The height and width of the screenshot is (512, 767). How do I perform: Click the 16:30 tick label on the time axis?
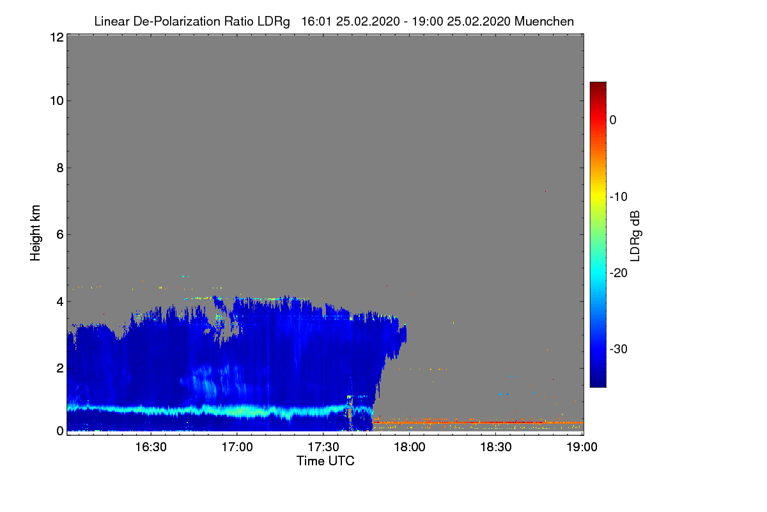[151, 447]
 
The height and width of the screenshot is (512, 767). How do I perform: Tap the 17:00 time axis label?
[237, 447]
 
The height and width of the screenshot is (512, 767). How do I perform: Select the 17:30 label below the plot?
[323, 447]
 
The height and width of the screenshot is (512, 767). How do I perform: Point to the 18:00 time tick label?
[410, 447]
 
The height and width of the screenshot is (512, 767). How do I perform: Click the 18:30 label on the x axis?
[496, 447]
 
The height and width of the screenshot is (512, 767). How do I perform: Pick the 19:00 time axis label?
[582, 447]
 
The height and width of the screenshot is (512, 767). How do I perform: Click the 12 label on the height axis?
[57, 37]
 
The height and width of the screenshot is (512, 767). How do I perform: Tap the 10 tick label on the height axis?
[57, 101]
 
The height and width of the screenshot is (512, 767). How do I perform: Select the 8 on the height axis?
[60, 168]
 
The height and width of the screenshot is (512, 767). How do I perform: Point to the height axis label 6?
[60, 235]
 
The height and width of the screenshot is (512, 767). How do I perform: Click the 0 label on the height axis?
[60, 431]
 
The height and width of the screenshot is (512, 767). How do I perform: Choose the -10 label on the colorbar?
[619, 197]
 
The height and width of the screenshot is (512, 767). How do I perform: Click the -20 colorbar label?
[619, 273]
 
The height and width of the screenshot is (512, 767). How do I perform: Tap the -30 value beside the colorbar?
[619, 349]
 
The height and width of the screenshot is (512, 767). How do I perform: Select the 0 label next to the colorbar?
[613, 120]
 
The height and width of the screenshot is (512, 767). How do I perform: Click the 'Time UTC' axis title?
[325, 461]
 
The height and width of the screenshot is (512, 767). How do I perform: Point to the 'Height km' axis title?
[35, 233]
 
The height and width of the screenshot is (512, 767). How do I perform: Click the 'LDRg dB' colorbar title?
[635, 236]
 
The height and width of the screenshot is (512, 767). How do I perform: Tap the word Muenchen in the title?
[544, 21]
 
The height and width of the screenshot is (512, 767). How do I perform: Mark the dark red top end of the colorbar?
[598, 84]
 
